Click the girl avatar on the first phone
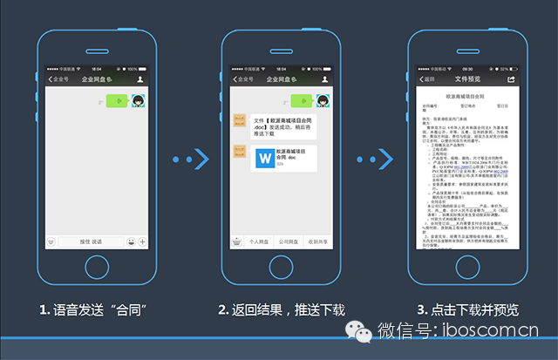click(x=138, y=100)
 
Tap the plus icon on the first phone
click(x=142, y=241)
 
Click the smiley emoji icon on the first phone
click(x=130, y=241)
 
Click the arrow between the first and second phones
click(x=188, y=159)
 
